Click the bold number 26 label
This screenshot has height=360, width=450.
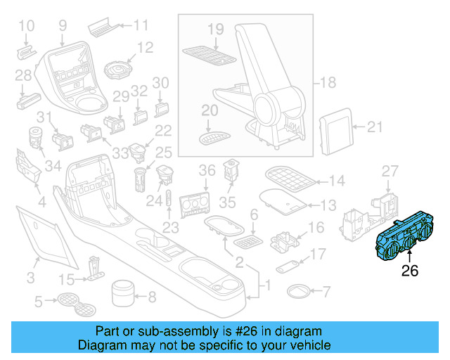coord(411,271)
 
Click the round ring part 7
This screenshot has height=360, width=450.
coord(298,290)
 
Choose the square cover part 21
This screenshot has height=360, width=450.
coord(335,129)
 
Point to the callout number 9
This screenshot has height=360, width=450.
coord(63,27)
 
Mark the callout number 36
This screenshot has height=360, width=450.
coord(207,171)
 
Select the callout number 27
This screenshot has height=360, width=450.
coord(390,172)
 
